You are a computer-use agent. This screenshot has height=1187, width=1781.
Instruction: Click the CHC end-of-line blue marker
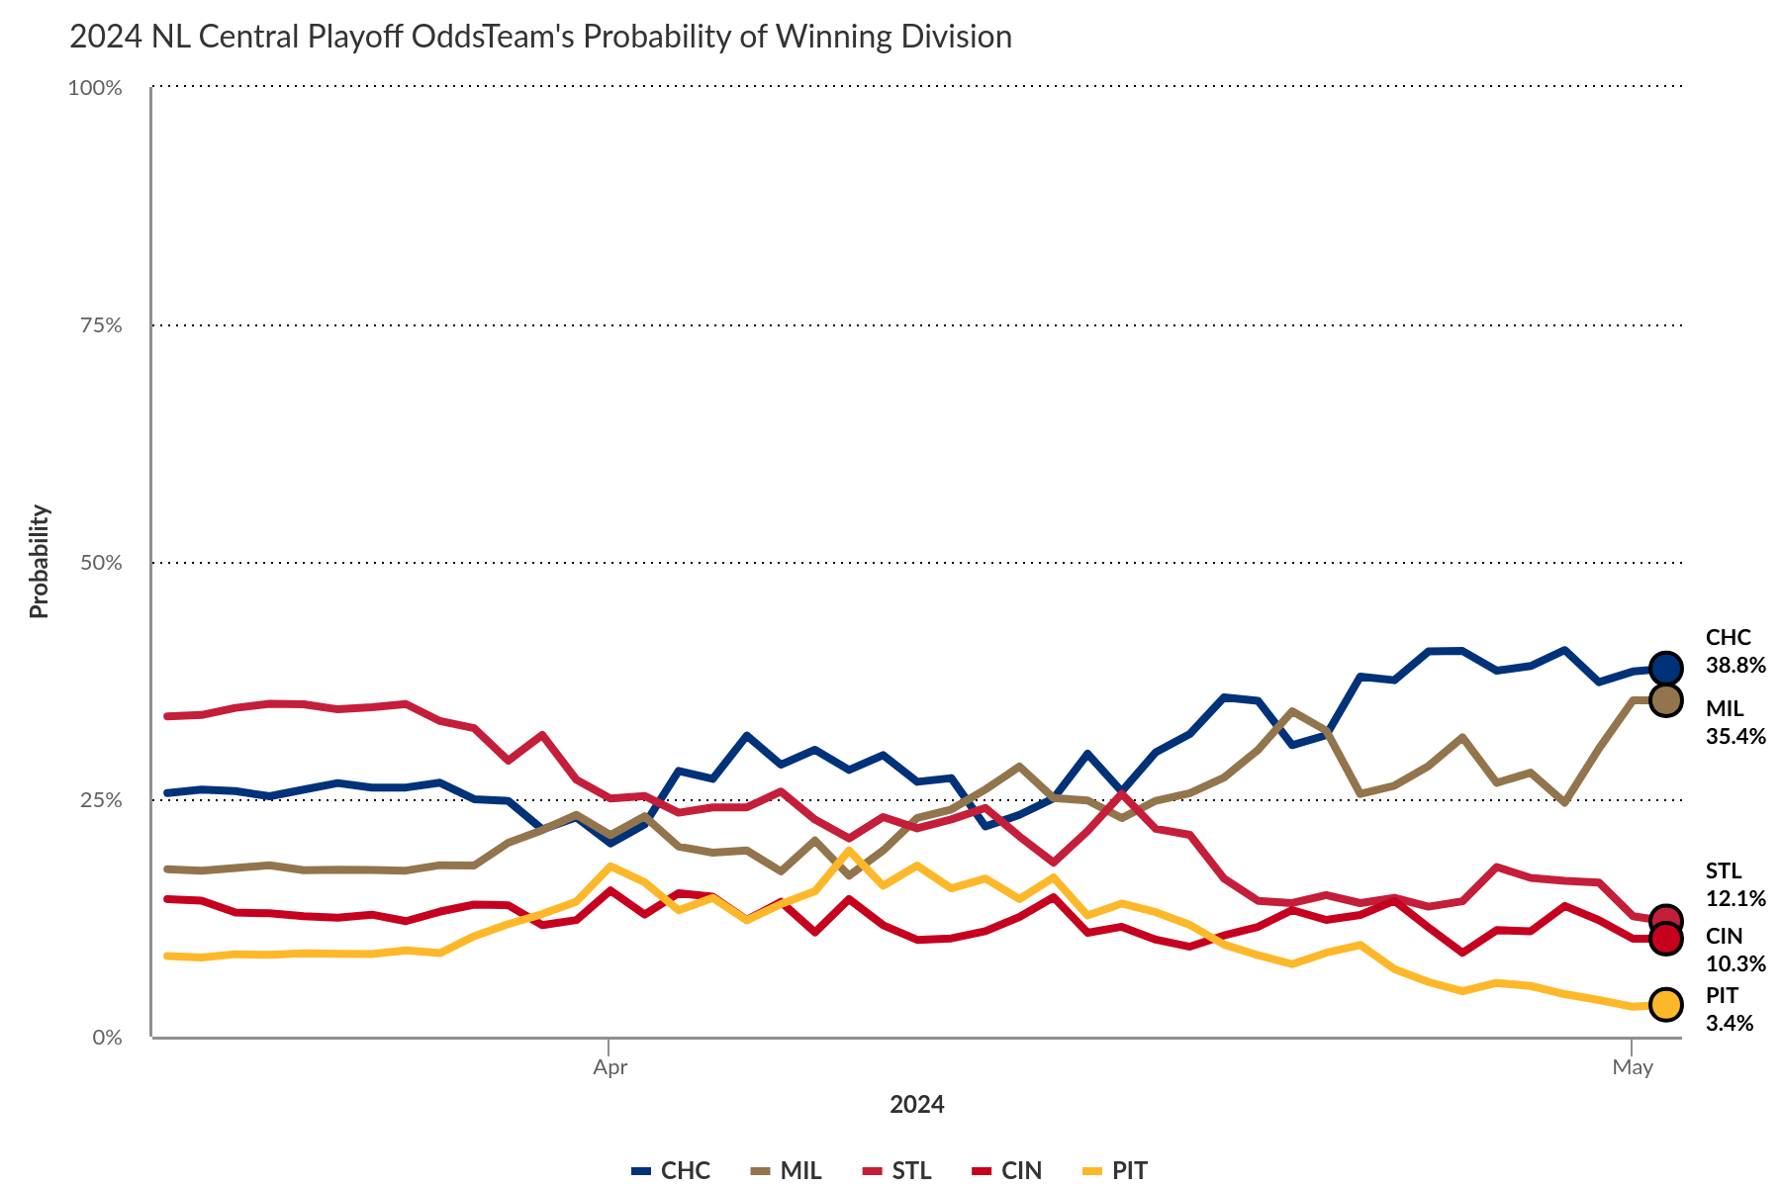pyautogui.click(x=1666, y=669)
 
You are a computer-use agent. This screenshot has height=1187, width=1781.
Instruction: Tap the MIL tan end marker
pyautogui.click(x=1666, y=700)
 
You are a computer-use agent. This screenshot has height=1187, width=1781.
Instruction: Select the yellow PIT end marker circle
pyautogui.click(x=1666, y=1005)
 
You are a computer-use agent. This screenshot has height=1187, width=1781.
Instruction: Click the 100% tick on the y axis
pyautogui.click(x=95, y=88)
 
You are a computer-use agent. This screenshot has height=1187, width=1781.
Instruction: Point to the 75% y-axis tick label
pyautogui.click(x=100, y=325)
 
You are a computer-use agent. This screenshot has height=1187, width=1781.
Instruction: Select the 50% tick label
pyautogui.click(x=100, y=563)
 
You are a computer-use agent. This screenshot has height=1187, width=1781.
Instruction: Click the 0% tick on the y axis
pyautogui.click(x=106, y=1038)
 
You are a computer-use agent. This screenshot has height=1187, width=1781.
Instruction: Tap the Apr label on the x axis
pyautogui.click(x=609, y=1067)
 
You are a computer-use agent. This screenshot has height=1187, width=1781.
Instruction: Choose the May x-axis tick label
pyautogui.click(x=1632, y=1067)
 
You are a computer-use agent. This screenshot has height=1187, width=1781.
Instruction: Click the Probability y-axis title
pyautogui.click(x=39, y=562)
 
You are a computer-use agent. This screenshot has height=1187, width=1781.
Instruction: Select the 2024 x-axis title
pyautogui.click(x=916, y=1105)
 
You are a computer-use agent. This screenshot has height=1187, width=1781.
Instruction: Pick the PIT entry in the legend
pyautogui.click(x=1116, y=1171)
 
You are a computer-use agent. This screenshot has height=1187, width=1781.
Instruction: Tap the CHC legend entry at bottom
pyautogui.click(x=672, y=1171)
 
